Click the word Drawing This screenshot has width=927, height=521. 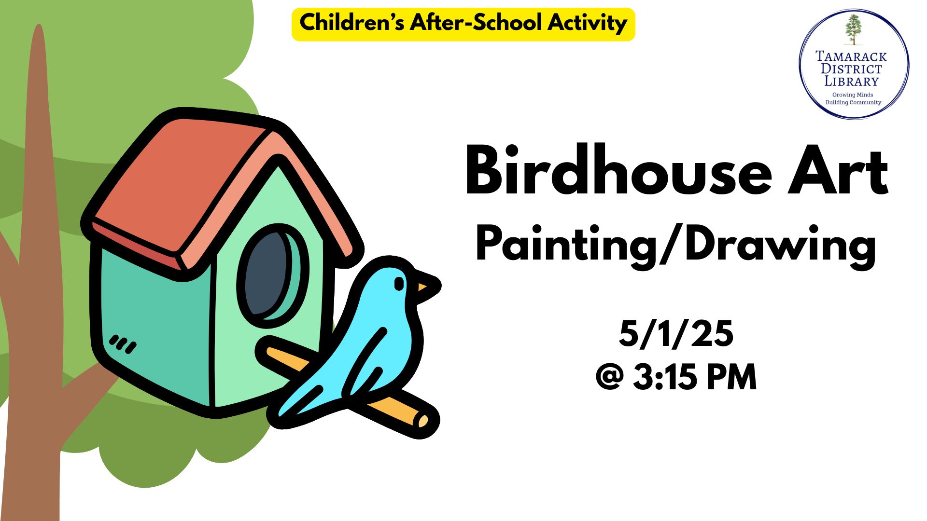pos(780,246)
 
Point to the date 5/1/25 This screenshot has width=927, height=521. pos(676,333)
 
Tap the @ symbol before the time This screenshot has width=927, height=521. pos(610,378)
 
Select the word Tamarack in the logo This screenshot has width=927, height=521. pos(851,56)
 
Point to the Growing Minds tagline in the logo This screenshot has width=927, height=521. pos(853,95)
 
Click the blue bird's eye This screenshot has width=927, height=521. pos(399,284)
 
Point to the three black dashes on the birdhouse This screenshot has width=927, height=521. pos(123,344)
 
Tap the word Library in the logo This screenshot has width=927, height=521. pos(851,81)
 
